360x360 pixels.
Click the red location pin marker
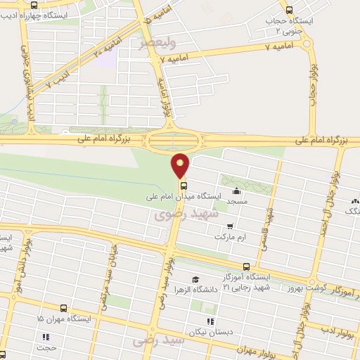pos(181,165)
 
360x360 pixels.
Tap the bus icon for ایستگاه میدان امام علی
pos(184,186)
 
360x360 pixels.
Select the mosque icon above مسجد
pos(236,191)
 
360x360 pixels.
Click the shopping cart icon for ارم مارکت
pos(230,227)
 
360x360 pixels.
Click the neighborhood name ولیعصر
pos(153,44)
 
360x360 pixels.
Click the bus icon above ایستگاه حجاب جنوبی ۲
pos(290,9)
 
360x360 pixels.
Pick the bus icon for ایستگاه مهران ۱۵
pos(64,308)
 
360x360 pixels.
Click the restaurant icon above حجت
pos(46,336)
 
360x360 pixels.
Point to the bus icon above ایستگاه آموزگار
pos(246,266)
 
